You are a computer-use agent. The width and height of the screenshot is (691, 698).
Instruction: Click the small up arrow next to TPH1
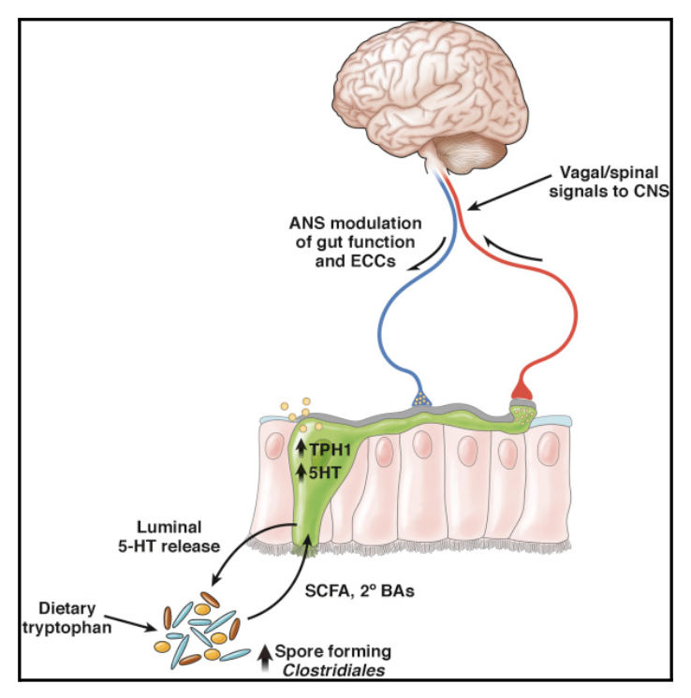(301, 450)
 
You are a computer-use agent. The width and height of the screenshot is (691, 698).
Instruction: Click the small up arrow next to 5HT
(301, 473)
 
